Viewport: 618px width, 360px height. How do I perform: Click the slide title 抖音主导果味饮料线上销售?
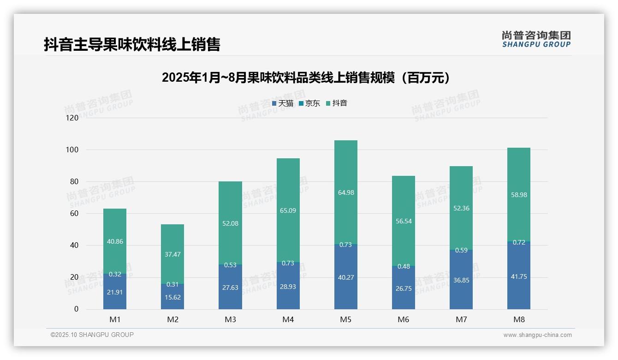coord(132,44)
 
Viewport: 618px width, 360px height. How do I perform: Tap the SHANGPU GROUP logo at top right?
coord(536,39)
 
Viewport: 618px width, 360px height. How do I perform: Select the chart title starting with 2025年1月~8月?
coord(306,78)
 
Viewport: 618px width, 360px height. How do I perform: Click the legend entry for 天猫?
coord(283,103)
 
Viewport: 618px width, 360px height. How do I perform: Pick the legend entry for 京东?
coord(309,103)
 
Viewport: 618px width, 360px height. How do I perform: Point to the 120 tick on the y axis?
coord(72,118)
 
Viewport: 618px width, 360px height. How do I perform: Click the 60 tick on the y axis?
coord(74,214)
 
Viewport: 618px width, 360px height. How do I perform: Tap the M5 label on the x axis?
coord(345,319)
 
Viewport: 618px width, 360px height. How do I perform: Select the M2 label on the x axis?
coord(172,319)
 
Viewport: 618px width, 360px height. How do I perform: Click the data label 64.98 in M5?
coord(346,192)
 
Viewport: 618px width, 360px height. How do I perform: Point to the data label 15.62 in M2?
coord(172,298)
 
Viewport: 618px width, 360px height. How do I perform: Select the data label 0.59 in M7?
coord(461,251)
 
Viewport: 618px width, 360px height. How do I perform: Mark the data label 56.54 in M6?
coord(404,221)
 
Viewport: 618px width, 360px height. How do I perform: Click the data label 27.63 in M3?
coord(230,288)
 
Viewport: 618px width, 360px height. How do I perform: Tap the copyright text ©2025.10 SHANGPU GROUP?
coord(92,335)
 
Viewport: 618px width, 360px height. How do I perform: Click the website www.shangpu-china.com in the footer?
coord(537,335)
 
